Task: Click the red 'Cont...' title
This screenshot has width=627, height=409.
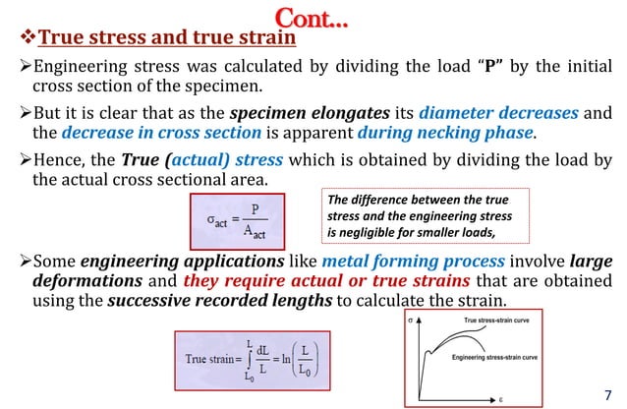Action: [313, 17]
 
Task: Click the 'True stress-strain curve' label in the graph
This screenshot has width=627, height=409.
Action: [504, 322]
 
